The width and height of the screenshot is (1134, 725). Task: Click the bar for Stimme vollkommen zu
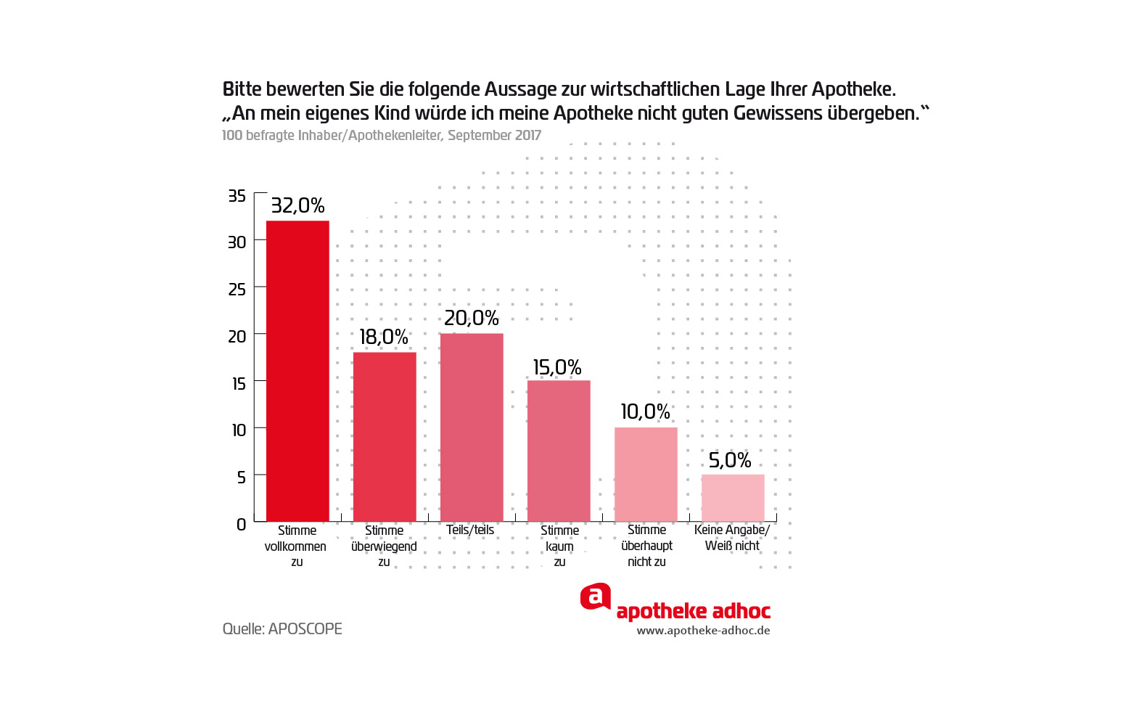pos(297,370)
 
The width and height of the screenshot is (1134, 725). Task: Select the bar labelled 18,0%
pos(385,435)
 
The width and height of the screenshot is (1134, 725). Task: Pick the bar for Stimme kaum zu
pos(559,450)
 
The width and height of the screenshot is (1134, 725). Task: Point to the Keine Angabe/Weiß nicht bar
pos(733,497)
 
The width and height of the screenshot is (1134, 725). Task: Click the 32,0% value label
pos(297,205)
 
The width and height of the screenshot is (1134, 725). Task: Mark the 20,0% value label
pos(472,318)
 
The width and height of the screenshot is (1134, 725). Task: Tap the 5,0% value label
pos(730,460)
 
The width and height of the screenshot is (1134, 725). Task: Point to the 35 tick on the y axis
pos(237,195)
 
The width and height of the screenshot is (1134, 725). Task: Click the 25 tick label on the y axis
pos(237,290)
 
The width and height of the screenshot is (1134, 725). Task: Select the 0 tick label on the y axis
pos(242,524)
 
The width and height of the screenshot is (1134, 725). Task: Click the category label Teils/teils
pos(470,530)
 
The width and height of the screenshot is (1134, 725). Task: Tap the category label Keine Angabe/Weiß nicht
pos(732,538)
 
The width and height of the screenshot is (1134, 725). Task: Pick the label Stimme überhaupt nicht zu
pos(646,546)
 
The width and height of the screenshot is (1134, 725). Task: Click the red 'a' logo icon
pos(595,597)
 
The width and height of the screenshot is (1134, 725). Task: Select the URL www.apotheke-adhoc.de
pos(703,631)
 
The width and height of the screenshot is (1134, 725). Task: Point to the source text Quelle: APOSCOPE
pos(282,628)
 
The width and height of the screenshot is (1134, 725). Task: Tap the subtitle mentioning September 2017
pos(382,136)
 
